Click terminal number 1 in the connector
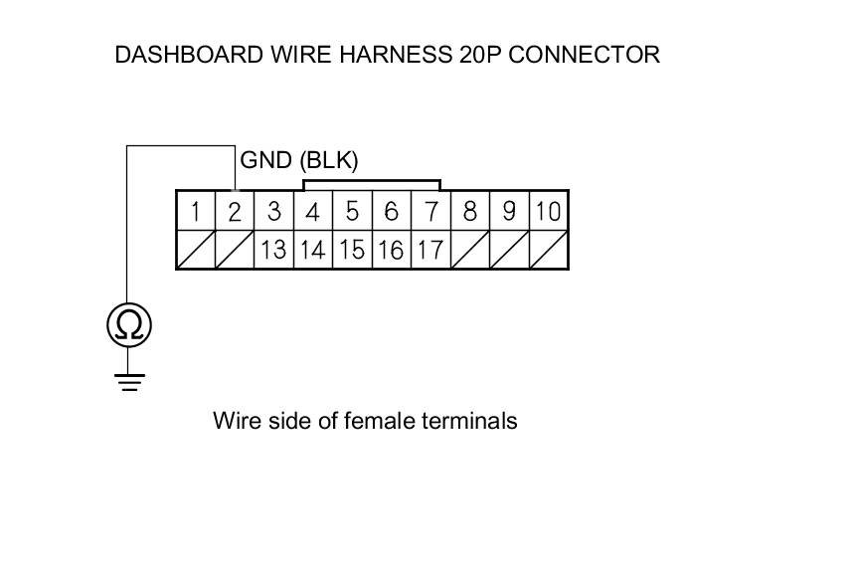(x=196, y=211)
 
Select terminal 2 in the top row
(x=235, y=211)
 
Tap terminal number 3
(x=273, y=211)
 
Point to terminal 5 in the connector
(x=352, y=211)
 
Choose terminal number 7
(x=430, y=211)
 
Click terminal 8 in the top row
(x=469, y=211)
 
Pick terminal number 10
(x=548, y=211)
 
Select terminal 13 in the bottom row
(x=273, y=249)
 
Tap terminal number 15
(x=352, y=249)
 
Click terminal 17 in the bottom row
(x=430, y=249)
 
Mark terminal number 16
(x=391, y=249)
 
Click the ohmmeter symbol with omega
(x=129, y=324)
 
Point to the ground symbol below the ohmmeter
(x=129, y=381)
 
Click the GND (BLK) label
(x=299, y=160)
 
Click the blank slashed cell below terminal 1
(x=196, y=249)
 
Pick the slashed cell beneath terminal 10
(x=548, y=249)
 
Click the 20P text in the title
(x=477, y=55)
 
